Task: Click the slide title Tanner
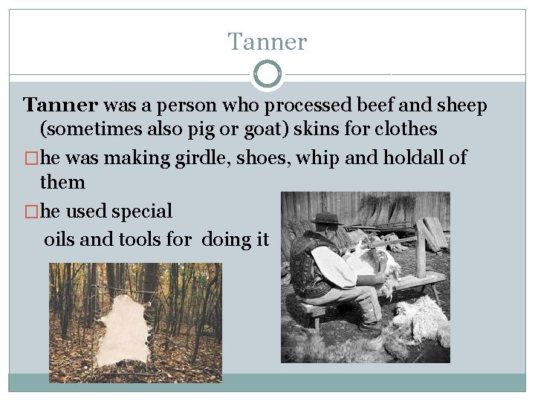coord(267,42)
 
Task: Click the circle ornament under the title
coord(267,74)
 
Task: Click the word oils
coord(60,240)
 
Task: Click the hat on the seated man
coord(326,219)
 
